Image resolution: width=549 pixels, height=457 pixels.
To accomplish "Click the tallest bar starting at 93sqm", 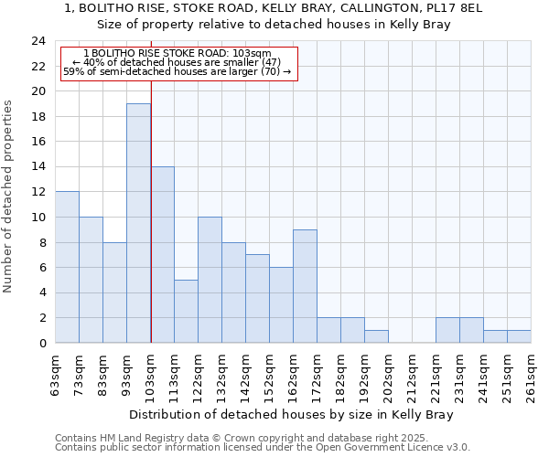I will [x=138, y=223].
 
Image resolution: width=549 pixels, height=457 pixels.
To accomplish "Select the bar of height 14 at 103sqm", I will [x=162, y=255].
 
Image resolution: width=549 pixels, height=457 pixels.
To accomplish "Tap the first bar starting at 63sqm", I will [x=67, y=267].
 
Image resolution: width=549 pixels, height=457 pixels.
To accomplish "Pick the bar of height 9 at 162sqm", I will [x=305, y=286].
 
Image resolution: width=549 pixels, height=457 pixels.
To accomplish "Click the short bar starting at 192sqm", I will [x=376, y=336].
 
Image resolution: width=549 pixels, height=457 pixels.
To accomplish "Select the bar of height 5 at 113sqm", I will [x=186, y=311].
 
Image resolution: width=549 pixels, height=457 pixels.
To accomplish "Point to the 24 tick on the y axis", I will [x=38, y=41].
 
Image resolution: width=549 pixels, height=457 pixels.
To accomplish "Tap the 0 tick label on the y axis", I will [x=42, y=343].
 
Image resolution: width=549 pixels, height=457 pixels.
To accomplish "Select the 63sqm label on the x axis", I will [x=56, y=375].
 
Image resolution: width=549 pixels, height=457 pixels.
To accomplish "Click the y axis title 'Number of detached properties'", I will [x=9, y=197].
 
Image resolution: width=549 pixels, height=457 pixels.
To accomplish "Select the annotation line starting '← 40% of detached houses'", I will [x=177, y=62].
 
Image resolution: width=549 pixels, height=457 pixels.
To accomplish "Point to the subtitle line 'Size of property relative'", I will [x=274, y=25].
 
